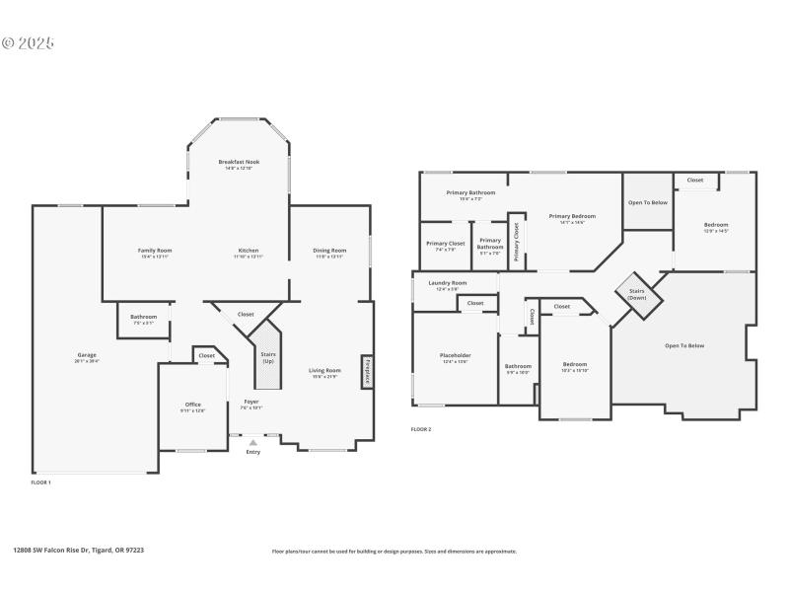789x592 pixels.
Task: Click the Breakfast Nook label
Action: coord(238,164)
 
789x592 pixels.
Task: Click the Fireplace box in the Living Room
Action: coord(366,369)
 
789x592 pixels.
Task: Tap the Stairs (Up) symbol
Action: coord(267,354)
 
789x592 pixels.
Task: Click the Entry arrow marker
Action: coord(253,443)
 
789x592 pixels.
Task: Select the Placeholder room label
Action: coord(455,357)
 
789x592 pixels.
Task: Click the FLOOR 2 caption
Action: coord(421,429)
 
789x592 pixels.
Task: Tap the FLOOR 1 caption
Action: coord(40,482)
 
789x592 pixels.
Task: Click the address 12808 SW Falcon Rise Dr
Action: coord(78,551)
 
